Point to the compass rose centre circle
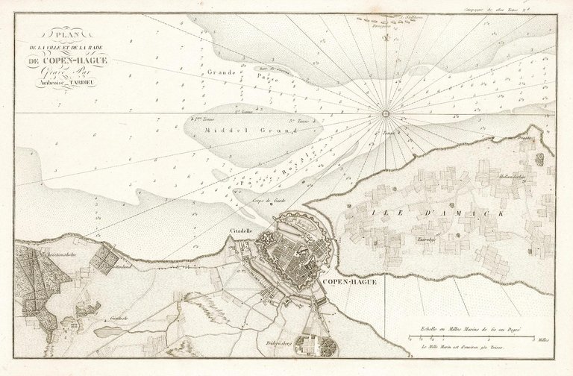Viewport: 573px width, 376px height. pos(386,114)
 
